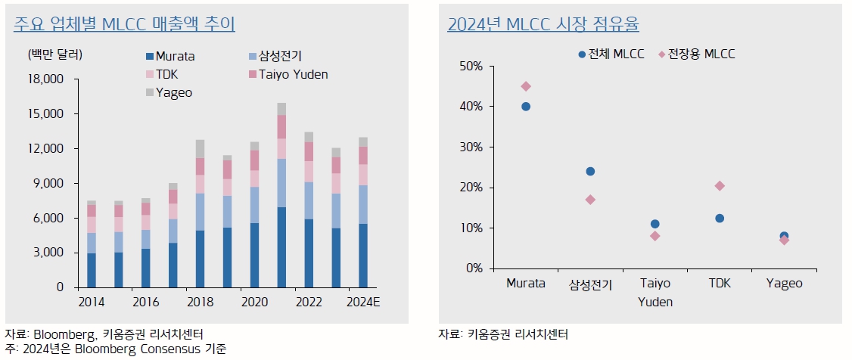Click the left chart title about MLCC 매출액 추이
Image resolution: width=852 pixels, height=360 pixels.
pos(124,24)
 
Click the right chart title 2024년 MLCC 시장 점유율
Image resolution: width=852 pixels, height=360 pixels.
pos(543,24)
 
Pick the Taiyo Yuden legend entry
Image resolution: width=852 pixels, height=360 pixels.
pos(288,74)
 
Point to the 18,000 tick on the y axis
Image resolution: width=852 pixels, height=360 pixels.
pos(48,79)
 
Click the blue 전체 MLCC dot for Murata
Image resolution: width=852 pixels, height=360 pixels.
pos(526,107)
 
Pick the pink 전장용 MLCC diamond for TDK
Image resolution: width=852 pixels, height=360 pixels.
pos(720,186)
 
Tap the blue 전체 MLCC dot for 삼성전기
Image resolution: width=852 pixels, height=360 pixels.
pos(590,171)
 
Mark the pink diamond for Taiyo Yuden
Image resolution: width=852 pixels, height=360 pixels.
pos(655,236)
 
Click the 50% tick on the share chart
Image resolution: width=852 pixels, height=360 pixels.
pos(471,67)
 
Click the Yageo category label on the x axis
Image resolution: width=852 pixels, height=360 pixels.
pos(784,284)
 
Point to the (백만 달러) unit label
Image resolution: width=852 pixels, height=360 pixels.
pos(55,54)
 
